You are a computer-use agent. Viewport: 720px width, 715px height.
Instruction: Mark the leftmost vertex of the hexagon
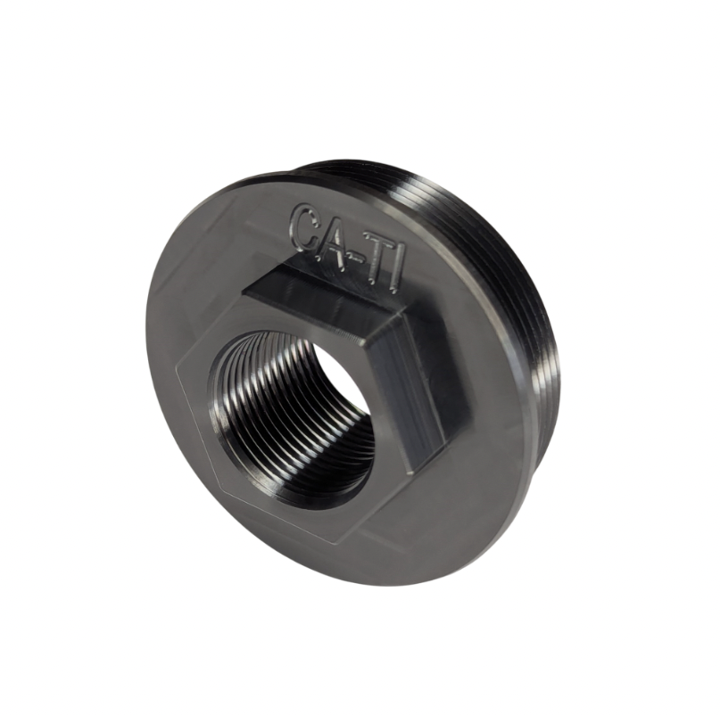click(x=178, y=374)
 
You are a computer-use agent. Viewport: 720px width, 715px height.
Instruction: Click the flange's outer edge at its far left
click(x=144, y=357)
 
